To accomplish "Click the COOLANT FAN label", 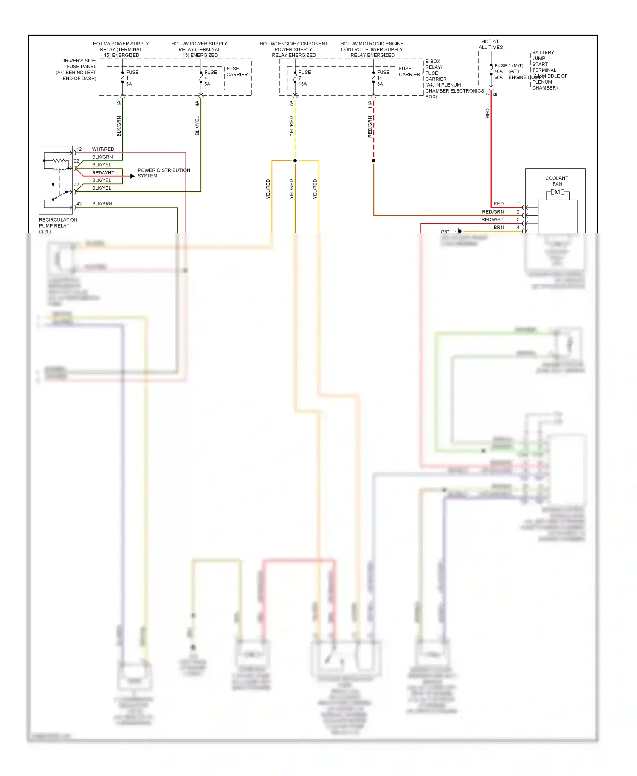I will (557, 181).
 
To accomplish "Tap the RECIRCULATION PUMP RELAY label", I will (58, 223).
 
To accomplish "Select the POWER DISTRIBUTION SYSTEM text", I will (163, 173).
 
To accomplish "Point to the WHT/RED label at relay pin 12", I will (103, 149).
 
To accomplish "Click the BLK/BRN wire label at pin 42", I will (102, 204).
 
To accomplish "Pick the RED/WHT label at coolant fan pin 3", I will (492, 219).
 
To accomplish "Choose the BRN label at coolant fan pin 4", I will (499, 228).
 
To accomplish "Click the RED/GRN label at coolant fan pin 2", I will (493, 212).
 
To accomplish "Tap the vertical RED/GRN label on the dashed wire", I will (370, 127).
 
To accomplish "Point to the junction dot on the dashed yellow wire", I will (295, 160).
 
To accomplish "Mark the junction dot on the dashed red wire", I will (373, 160).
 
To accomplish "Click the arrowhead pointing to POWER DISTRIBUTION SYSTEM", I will (132, 176).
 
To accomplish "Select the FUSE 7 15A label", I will (304, 78).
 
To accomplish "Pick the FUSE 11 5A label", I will (383, 78).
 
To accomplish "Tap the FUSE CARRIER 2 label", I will (239, 72).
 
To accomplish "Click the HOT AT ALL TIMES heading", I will (490, 45).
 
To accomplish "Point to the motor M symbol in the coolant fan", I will (557, 192).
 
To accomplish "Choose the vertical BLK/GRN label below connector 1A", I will (119, 126).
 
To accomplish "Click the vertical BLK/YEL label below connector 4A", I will (197, 126).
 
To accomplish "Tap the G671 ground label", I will (446, 231).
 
